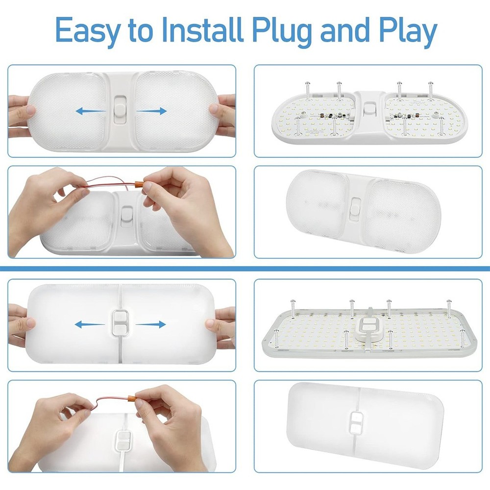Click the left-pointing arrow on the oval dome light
(x=91, y=111)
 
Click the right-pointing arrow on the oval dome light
(x=152, y=111)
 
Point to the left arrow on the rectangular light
(x=90, y=324)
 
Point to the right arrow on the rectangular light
(x=150, y=324)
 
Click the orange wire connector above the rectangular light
(x=132, y=399)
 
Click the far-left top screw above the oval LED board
(x=308, y=91)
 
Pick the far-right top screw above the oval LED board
(x=431, y=90)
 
